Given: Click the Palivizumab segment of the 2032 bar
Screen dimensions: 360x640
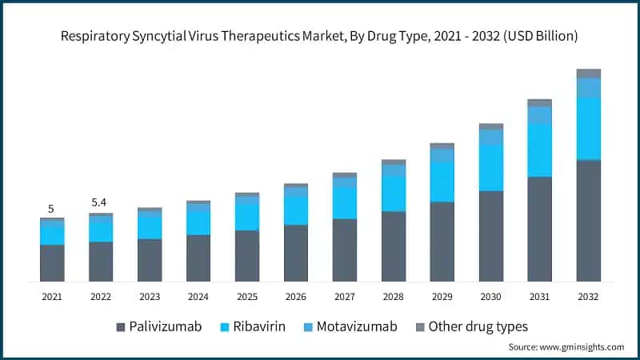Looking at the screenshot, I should coord(588,220).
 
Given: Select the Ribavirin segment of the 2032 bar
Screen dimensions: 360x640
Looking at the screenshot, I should coord(588,128).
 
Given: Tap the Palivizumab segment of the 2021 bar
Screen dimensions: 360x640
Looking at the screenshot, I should coord(52,262).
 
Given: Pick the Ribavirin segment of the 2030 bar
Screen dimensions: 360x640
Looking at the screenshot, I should coord(490,168).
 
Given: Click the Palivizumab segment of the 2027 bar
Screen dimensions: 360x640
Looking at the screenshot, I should coord(345,250).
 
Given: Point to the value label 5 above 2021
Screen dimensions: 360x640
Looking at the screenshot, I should coord(51,209).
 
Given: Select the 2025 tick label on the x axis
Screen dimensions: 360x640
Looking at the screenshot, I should coord(247,296).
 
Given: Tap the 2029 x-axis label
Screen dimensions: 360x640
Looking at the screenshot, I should coord(442,296).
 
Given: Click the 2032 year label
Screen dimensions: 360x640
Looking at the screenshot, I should coord(589,296).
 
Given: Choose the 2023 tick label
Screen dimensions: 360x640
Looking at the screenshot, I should coord(150,296).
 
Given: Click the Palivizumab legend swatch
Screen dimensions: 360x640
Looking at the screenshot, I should coord(121,327).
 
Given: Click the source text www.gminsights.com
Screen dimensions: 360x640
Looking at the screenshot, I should coord(581,347).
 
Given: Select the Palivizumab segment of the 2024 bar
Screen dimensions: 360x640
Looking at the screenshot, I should coord(198,258).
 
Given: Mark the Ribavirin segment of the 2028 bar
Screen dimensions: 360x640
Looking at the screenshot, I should coord(394,194).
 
